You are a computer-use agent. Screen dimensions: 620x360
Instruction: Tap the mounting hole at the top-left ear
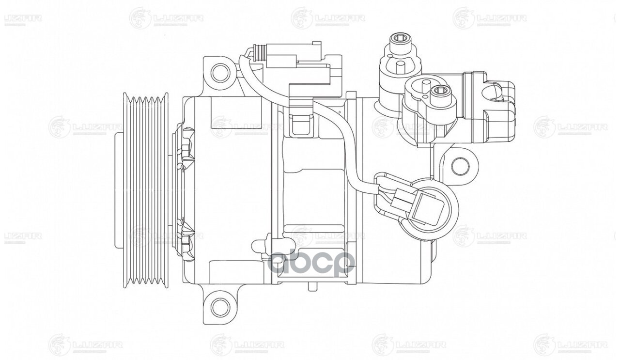click(220, 73)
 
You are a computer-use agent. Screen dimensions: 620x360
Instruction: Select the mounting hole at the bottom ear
click(220, 306)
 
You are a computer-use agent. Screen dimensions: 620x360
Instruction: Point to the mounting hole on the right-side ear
click(459, 166)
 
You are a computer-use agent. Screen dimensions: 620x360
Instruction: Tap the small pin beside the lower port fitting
click(424, 89)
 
